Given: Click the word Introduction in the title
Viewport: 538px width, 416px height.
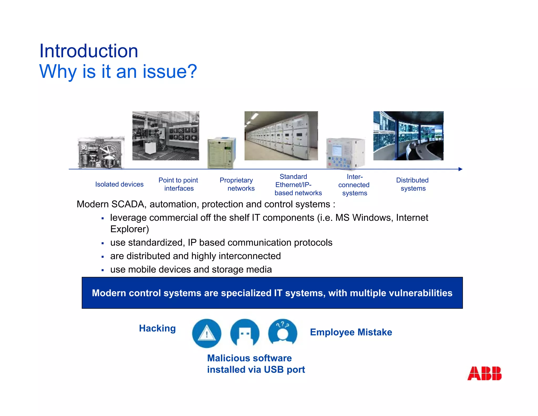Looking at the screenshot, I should click(x=89, y=51).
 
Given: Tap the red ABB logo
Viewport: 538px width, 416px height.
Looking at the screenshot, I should click(x=484, y=373).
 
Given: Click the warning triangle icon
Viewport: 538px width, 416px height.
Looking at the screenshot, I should click(x=206, y=333).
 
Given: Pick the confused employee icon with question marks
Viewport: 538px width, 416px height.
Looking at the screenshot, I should click(x=283, y=333).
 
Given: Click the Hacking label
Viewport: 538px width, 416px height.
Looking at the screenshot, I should click(x=157, y=328).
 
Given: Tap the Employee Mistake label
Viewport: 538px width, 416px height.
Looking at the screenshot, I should click(x=351, y=332).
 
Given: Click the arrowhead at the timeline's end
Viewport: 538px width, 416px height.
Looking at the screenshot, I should click(x=460, y=169).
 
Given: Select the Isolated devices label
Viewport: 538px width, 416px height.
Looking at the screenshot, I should click(x=119, y=184).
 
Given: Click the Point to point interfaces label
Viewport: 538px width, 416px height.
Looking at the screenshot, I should click(x=178, y=184).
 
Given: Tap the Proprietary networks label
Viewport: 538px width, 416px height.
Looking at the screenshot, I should click(x=237, y=184).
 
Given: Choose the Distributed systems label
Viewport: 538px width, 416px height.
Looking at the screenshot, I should click(x=412, y=184).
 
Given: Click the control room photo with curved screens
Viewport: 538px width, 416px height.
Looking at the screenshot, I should click(x=408, y=136).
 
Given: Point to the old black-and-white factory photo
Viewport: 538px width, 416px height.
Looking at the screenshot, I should click(x=165, y=136).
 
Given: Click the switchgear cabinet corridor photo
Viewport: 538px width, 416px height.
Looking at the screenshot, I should click(x=281, y=136).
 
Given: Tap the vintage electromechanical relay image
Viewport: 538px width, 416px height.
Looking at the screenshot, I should click(x=101, y=153).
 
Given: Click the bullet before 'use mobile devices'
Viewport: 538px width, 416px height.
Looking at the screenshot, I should click(x=103, y=270).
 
